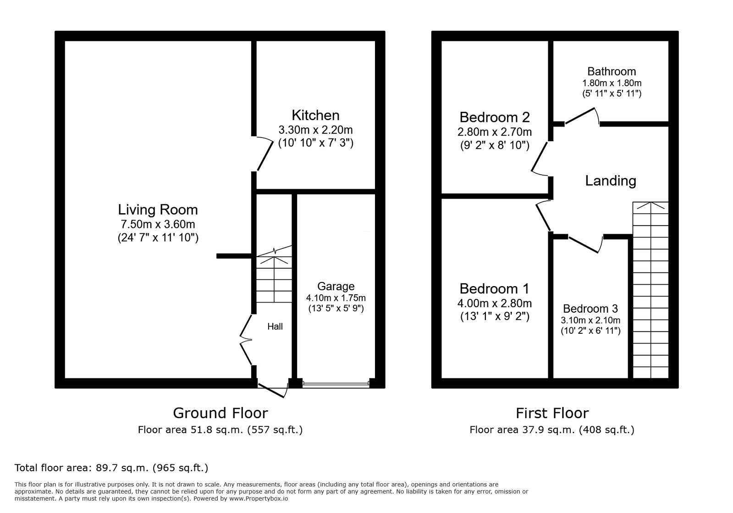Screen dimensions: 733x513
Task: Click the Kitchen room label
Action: [x=315, y=116]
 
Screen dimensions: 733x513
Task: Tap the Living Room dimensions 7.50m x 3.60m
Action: [x=158, y=225]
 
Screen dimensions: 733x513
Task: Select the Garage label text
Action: [x=336, y=287]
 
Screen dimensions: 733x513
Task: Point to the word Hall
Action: [x=275, y=326]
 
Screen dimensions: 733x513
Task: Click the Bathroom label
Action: [x=612, y=72]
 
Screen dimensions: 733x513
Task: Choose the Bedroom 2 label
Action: [x=495, y=117]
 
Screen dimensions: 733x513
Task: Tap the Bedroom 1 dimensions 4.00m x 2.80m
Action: [x=495, y=303]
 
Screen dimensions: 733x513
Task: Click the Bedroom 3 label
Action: [x=590, y=309]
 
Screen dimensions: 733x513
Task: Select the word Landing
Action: [x=611, y=181]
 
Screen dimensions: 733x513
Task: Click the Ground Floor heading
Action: [x=220, y=413]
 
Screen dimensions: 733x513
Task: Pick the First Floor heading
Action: [x=552, y=413]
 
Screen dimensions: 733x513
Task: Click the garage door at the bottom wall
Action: [x=336, y=385]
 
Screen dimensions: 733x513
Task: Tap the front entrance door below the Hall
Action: [x=273, y=390]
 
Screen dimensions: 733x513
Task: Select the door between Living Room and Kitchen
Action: [x=264, y=153]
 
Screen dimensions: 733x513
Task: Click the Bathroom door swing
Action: [x=582, y=116]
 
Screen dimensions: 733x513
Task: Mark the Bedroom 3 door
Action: [x=585, y=244]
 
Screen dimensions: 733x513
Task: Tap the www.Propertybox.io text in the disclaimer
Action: [x=259, y=499]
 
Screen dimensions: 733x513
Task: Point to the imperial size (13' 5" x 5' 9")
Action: [x=336, y=309]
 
